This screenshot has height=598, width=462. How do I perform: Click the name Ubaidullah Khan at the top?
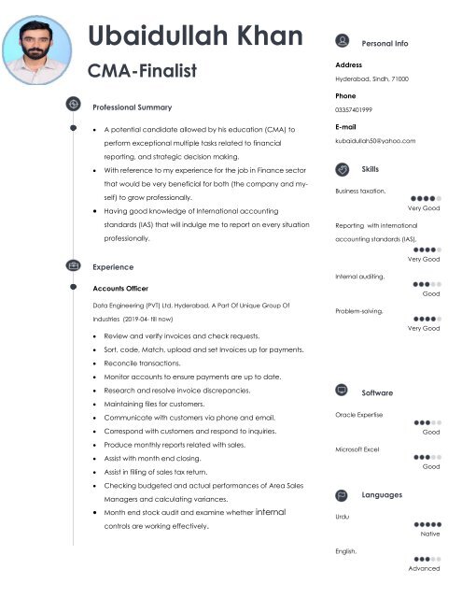[x=195, y=37]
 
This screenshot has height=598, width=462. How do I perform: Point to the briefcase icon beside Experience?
[x=74, y=267]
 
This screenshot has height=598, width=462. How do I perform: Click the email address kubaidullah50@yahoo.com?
[x=374, y=140]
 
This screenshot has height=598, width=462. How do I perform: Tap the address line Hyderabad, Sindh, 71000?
[x=371, y=79]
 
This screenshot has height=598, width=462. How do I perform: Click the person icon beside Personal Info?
[x=342, y=42]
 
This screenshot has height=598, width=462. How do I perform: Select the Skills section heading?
[x=370, y=168]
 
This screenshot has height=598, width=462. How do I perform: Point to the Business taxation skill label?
[x=359, y=191]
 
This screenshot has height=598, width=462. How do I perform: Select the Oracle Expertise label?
[x=358, y=414]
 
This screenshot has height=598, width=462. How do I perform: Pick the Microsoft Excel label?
[x=357, y=449]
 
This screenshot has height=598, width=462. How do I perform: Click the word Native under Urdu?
[x=430, y=534]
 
